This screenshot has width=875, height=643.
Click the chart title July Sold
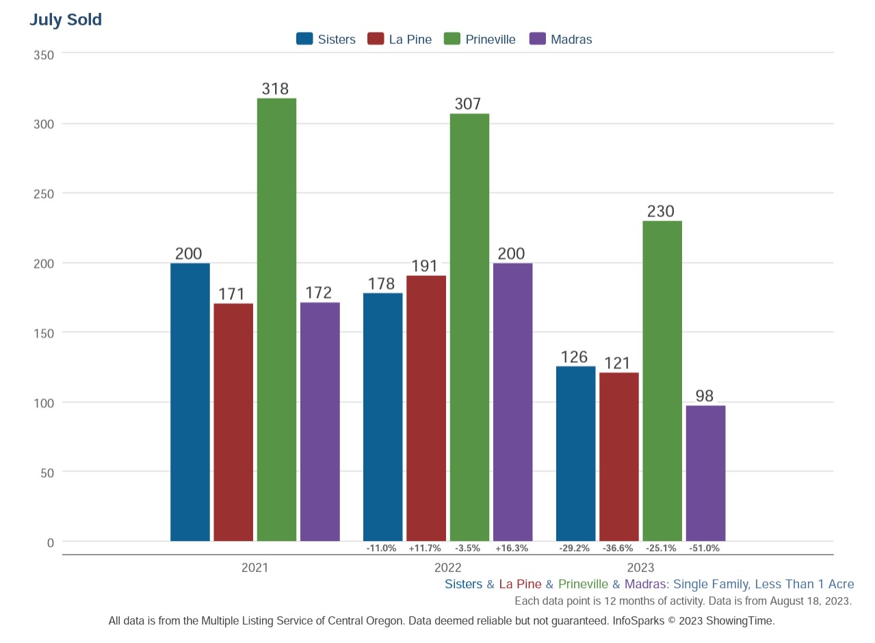[66, 20]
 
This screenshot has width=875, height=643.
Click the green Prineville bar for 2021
[276, 319]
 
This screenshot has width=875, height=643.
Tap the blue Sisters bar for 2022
[382, 416]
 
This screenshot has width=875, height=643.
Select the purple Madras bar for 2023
[705, 473]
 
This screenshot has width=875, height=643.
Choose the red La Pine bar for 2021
[233, 422]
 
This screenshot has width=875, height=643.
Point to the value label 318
[276, 89]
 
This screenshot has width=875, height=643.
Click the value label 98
[705, 396]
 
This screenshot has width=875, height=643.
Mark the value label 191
[425, 266]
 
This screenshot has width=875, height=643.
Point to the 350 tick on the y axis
[44, 55]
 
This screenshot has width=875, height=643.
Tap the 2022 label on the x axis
[447, 568]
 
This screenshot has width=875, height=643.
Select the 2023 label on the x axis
[640, 568]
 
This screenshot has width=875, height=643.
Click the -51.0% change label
[704, 549]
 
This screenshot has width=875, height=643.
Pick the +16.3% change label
[512, 549]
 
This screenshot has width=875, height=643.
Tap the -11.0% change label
[381, 549]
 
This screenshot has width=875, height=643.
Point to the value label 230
[661, 212]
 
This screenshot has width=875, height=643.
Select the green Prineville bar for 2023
[662, 381]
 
